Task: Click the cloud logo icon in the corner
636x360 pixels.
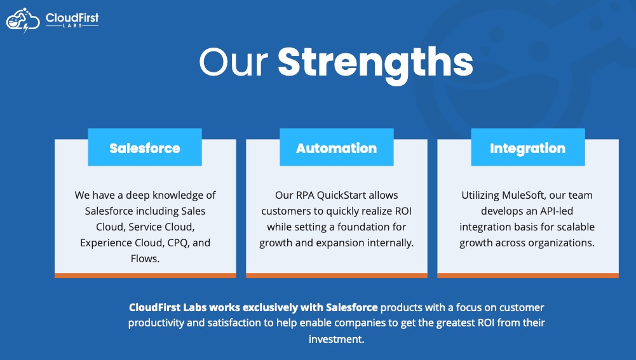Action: click(23, 20)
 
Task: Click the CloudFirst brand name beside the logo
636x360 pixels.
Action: click(72, 18)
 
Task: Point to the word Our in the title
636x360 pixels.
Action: click(234, 62)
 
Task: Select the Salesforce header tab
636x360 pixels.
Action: click(145, 147)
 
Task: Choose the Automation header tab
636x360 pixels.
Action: click(337, 147)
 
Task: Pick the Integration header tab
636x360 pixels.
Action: click(528, 147)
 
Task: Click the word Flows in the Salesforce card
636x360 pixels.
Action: click(145, 258)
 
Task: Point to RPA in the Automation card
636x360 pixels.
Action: click(305, 195)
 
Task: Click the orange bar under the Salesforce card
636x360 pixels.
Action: click(145, 276)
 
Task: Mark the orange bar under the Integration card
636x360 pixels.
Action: click(528, 276)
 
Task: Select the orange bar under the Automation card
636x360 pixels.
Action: click(337, 276)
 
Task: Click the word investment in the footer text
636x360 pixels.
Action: click(336, 339)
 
